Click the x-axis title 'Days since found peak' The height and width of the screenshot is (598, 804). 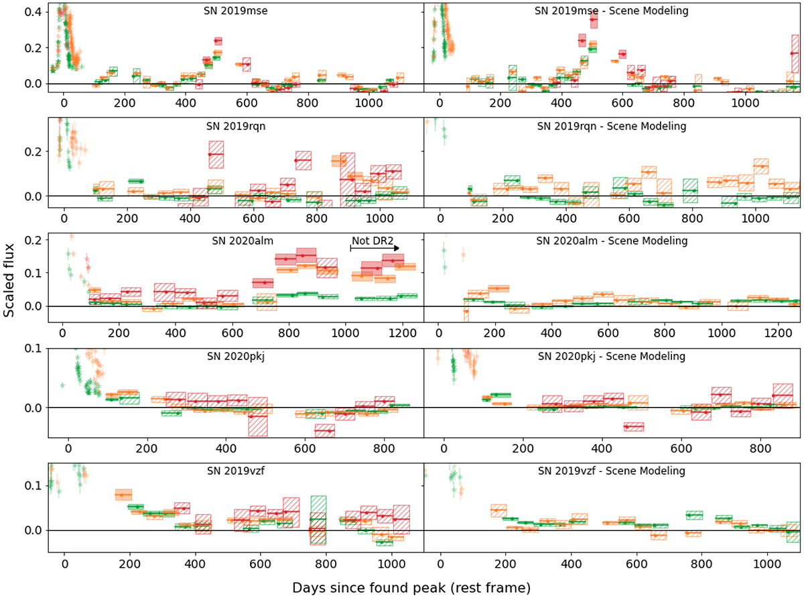click(x=411, y=587)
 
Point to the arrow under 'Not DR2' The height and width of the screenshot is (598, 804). click(x=375, y=248)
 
